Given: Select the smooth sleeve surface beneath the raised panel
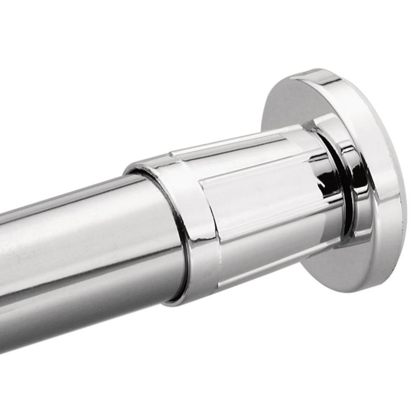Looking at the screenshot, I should click(x=269, y=244).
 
